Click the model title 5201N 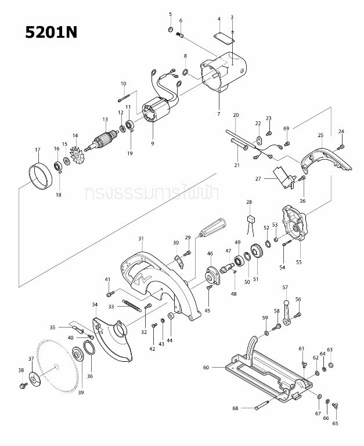51,32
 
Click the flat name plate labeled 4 222,37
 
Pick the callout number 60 206,367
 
